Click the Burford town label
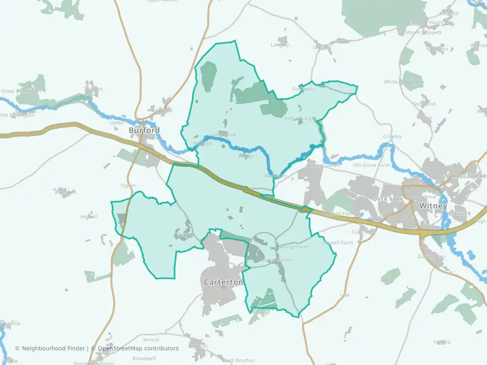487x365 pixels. (x=144, y=130)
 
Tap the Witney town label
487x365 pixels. (x=433, y=206)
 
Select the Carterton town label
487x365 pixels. (x=223, y=282)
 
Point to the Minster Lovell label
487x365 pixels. (x=322, y=166)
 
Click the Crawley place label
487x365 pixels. (x=392, y=136)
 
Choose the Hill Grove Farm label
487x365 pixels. (x=371, y=165)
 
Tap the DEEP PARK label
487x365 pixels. (x=388, y=199)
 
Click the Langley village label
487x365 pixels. (x=280, y=45)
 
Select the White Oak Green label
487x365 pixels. (x=403, y=82)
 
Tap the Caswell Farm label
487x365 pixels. (x=340, y=243)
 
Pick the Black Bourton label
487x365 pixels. (x=238, y=360)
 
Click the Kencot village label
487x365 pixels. (x=151, y=340)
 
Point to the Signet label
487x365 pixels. (x=128, y=186)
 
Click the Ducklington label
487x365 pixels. (x=432, y=257)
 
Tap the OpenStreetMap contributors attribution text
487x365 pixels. (x=138, y=348)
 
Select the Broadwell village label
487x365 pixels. (x=144, y=358)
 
